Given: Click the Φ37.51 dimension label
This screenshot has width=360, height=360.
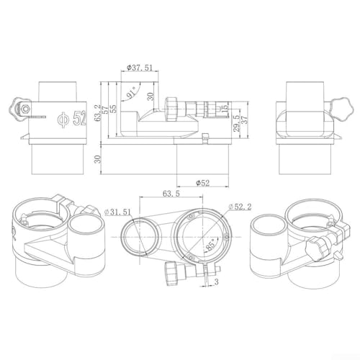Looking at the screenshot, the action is click(140, 68).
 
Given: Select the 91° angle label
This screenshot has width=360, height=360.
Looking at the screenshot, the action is click(132, 93).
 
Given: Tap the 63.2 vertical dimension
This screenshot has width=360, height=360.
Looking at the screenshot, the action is click(97, 112).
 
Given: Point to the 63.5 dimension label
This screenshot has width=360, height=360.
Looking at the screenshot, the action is click(171, 194).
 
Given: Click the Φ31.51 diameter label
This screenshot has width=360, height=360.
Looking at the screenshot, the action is click(118, 212).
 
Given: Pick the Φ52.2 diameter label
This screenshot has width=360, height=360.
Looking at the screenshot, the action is click(240, 207).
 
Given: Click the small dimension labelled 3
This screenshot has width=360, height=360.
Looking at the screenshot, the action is click(216, 282).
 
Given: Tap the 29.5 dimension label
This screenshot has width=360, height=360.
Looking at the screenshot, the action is click(237, 123).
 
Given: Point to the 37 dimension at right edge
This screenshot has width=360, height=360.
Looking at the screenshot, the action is click(244, 120).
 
